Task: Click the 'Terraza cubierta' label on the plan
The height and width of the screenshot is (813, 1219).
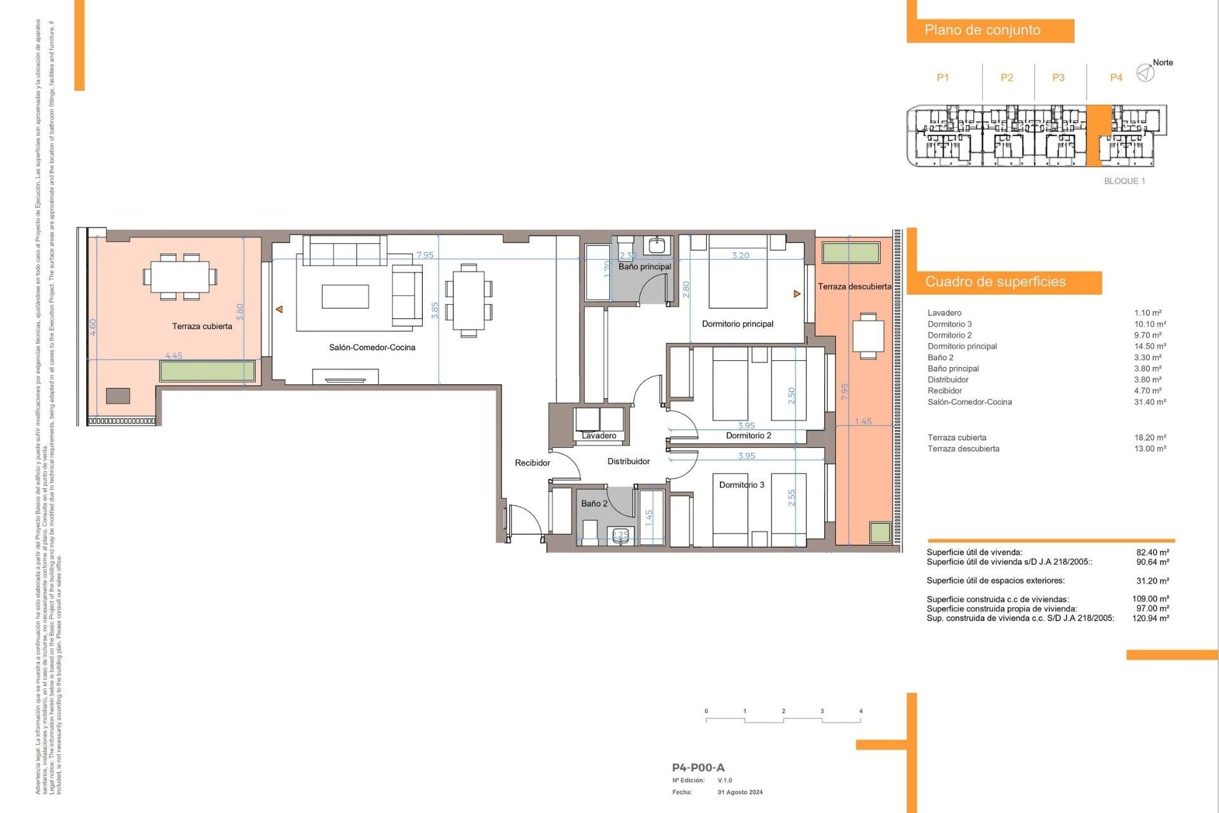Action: click(202, 326)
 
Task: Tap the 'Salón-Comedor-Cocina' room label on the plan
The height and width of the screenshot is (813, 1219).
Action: click(372, 347)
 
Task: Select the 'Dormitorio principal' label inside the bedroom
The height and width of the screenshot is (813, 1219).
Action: click(738, 324)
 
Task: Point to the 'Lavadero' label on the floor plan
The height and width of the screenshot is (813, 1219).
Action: click(599, 436)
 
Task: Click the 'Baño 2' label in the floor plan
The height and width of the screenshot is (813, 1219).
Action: click(594, 504)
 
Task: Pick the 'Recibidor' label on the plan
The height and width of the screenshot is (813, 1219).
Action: click(532, 463)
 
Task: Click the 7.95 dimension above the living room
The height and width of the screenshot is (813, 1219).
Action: click(425, 255)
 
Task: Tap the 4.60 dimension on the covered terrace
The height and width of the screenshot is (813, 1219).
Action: click(93, 327)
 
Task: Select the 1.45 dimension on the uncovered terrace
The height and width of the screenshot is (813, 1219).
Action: click(863, 422)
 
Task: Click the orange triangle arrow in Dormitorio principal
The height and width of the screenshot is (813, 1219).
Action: click(797, 293)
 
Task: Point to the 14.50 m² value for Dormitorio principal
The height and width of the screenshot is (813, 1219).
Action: click(1150, 346)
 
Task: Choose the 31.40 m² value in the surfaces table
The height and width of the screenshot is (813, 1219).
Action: click(1150, 402)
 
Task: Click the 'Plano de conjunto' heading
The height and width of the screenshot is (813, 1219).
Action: click(982, 30)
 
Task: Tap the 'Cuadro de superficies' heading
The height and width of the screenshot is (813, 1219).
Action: click(995, 282)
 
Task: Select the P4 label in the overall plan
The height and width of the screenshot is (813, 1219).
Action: click(1116, 77)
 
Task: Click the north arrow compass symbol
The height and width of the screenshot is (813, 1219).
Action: click(1145, 73)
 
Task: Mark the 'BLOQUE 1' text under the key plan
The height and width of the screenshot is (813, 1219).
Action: click(1124, 181)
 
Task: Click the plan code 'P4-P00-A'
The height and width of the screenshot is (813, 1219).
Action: click(698, 768)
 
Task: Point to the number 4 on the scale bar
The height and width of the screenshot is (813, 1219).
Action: click(860, 711)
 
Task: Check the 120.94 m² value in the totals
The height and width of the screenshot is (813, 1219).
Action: click(1150, 618)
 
